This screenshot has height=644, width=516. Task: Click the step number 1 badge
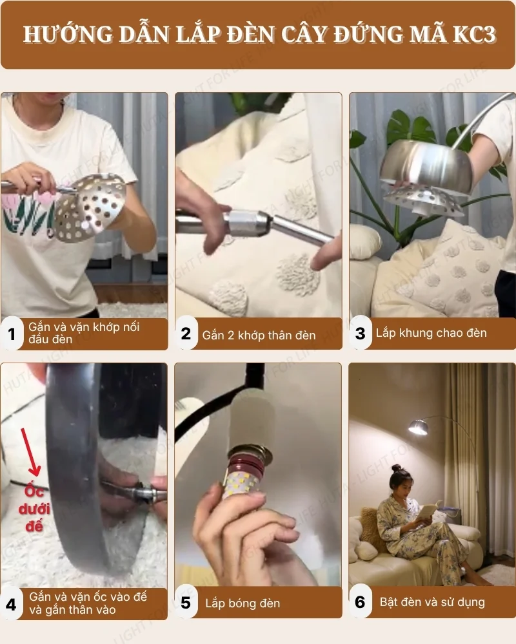click(x=12, y=334)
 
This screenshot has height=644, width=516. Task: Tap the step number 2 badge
click(x=186, y=334)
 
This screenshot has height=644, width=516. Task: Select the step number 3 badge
click(x=361, y=334)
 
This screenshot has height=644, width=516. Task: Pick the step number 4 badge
click(x=12, y=604)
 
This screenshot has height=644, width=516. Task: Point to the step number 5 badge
click(x=186, y=603)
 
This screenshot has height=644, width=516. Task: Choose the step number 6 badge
click(x=361, y=603)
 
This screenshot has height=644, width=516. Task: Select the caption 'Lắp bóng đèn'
click(x=243, y=603)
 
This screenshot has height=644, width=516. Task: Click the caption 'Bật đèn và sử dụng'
click(x=432, y=603)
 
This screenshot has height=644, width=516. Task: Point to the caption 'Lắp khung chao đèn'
click(x=431, y=334)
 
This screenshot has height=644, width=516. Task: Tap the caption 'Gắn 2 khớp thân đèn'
click(x=259, y=334)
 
